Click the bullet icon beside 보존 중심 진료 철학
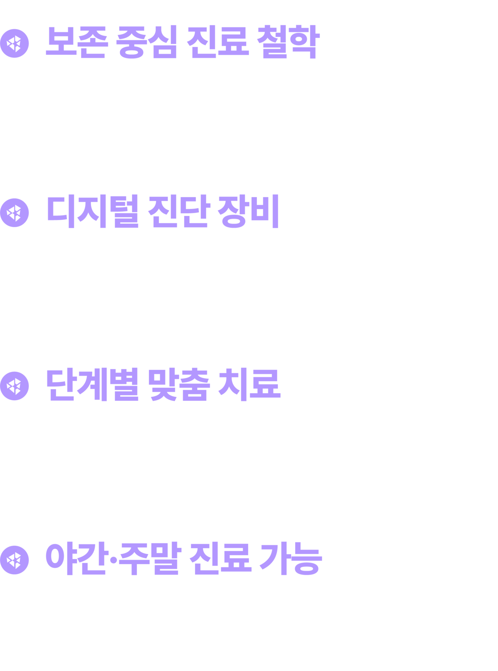coord(15,43)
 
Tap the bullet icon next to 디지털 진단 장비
coord(15,212)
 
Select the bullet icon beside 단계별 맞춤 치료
coord(15,386)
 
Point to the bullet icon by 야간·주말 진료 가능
coord(15,560)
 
